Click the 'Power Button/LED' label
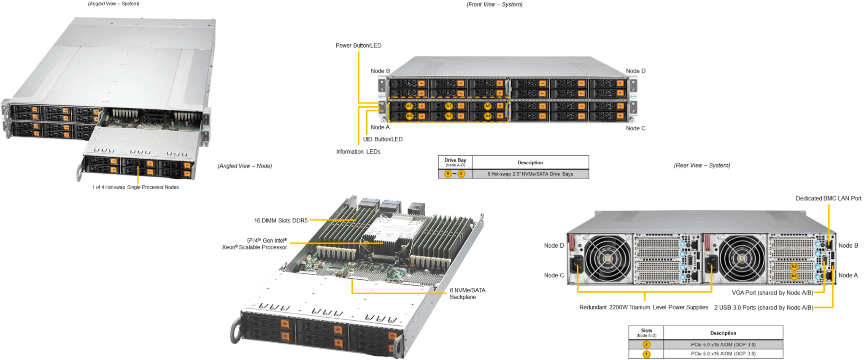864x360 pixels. [358, 46]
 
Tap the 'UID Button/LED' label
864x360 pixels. [383, 139]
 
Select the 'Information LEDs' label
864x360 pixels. [358, 152]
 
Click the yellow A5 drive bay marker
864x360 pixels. [488, 106]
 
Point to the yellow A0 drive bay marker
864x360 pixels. [409, 116]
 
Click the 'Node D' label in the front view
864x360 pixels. [635, 71]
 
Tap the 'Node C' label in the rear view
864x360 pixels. [553, 275]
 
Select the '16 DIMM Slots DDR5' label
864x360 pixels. [281, 220]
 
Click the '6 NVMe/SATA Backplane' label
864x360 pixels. [467, 293]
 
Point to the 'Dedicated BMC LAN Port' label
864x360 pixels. [828, 198]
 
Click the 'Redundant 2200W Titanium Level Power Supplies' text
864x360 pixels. [643, 307]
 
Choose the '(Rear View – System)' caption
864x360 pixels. [702, 165]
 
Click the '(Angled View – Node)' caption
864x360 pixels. [245, 166]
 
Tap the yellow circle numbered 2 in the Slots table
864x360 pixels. [646, 344]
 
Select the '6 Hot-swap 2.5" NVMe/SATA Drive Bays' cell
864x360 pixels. [530, 174]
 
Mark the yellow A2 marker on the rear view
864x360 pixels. [794, 266]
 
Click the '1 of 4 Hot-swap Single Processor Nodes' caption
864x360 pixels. [135, 187]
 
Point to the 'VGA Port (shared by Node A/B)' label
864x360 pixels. [772, 293]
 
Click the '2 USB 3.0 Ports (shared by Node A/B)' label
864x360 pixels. [763, 308]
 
